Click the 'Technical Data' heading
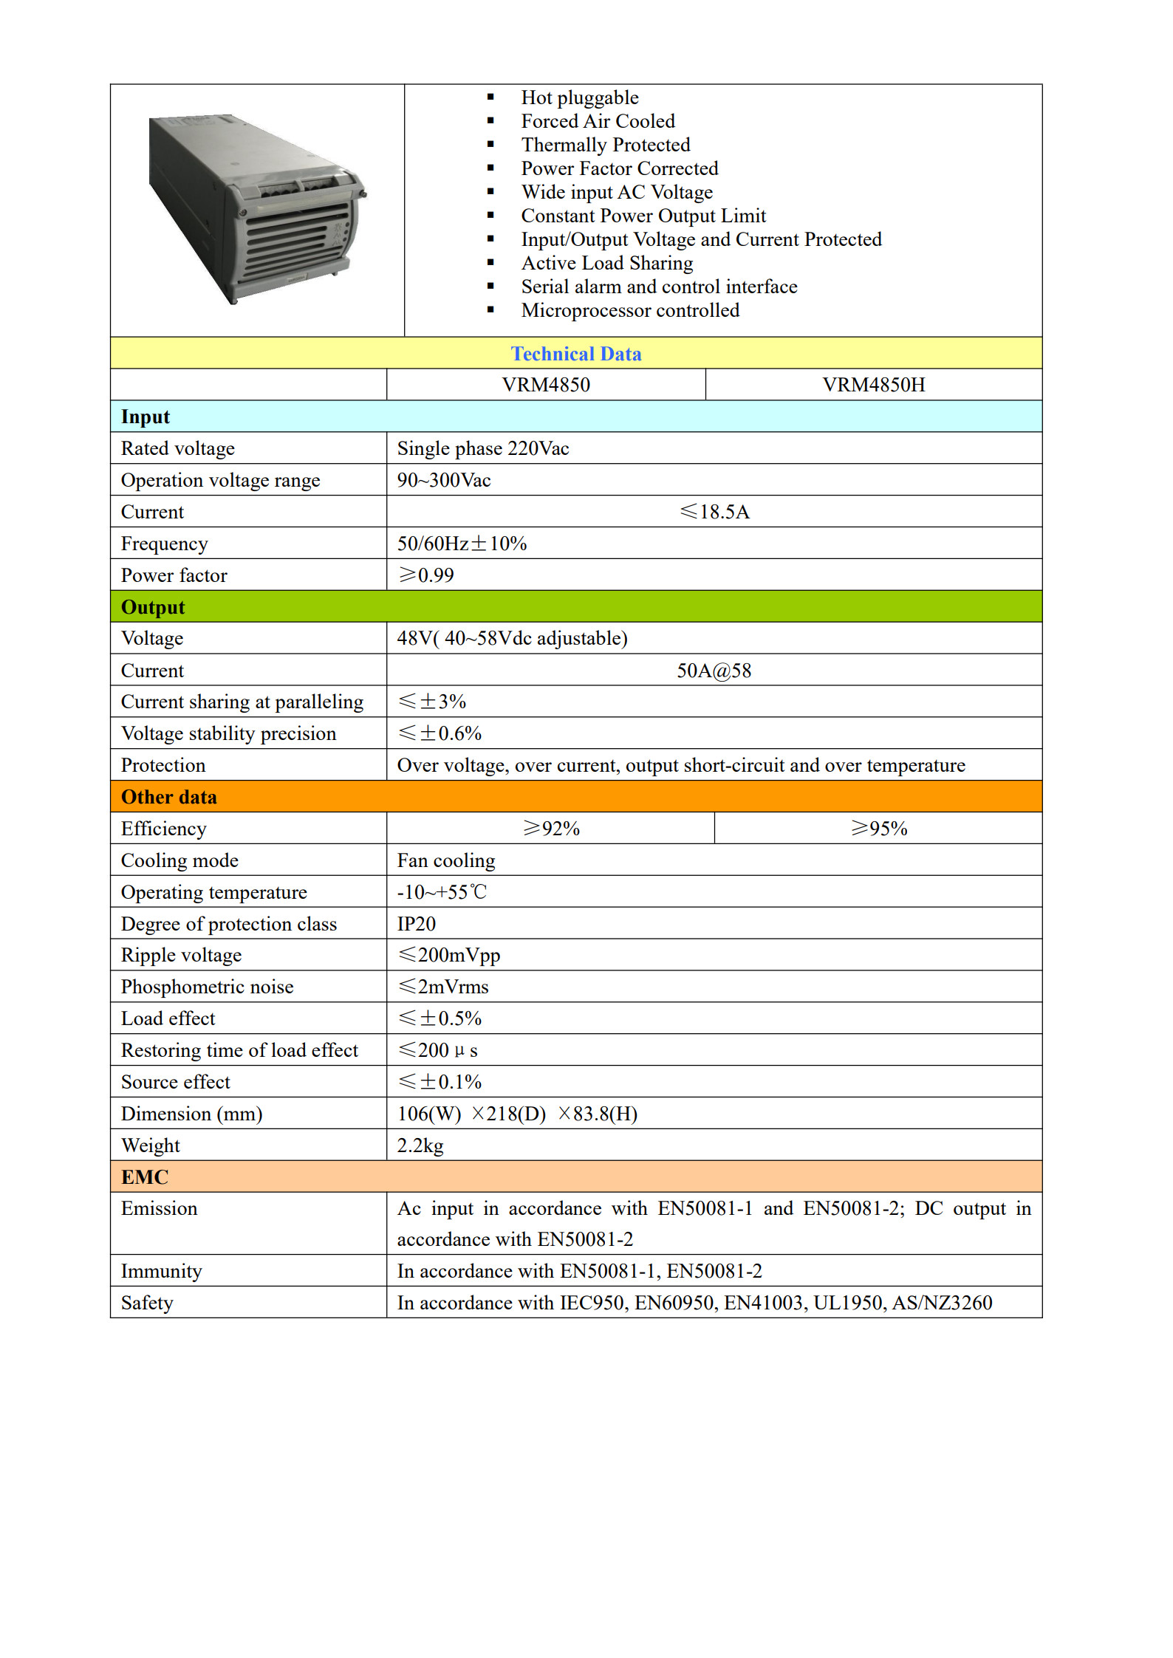[576, 354]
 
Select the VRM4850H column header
[873, 385]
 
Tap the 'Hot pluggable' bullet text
[579, 97]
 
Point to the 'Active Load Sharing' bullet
[606, 263]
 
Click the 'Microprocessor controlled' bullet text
[629, 310]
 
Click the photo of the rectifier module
[258, 209]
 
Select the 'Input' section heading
[146, 417]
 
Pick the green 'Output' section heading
[153, 607]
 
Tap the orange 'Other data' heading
[169, 797]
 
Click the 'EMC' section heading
[145, 1176]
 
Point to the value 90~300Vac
[443, 480]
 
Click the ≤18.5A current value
[714, 512]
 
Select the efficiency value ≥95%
[878, 829]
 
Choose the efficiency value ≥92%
[551, 829]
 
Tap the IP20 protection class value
[417, 924]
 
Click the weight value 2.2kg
[420, 1145]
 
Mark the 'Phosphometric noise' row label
[207, 987]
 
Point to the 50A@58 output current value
[714, 671]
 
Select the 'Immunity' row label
[161, 1271]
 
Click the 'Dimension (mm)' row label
[191, 1114]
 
